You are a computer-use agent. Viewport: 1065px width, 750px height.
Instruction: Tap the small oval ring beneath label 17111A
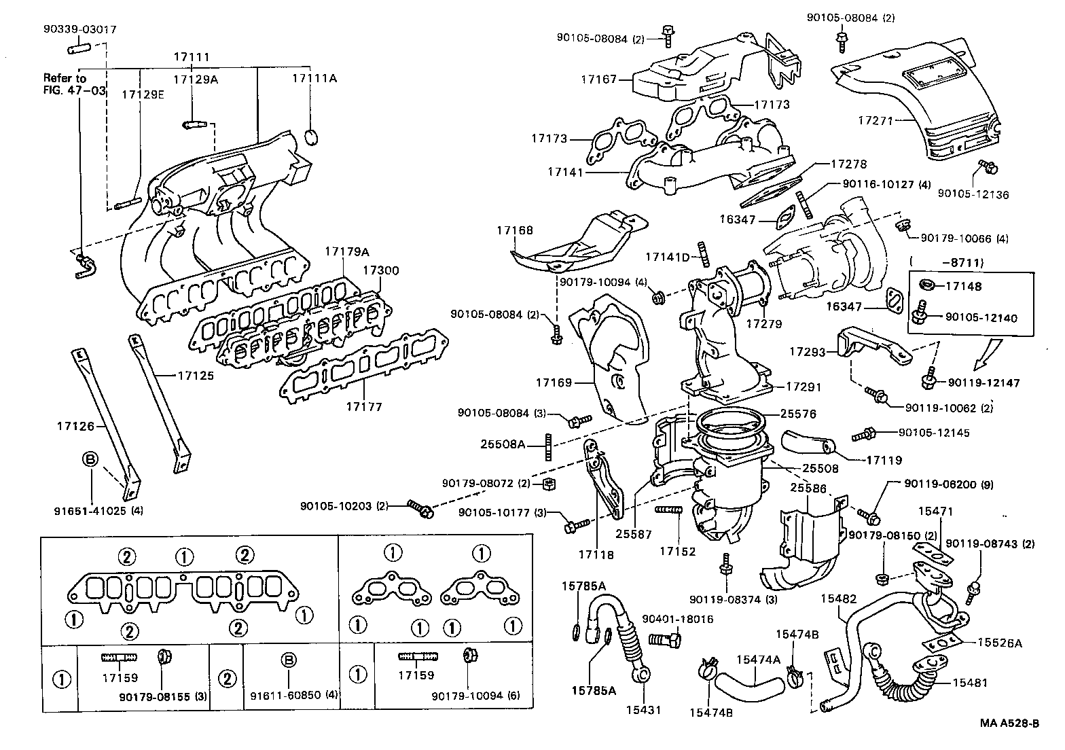point(311,137)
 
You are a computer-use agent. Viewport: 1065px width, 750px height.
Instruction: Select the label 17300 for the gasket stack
point(380,270)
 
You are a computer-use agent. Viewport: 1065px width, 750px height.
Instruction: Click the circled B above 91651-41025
point(90,459)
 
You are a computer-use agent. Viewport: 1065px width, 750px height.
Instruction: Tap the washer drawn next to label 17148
point(924,285)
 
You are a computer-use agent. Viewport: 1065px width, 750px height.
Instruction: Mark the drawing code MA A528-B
point(1009,723)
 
